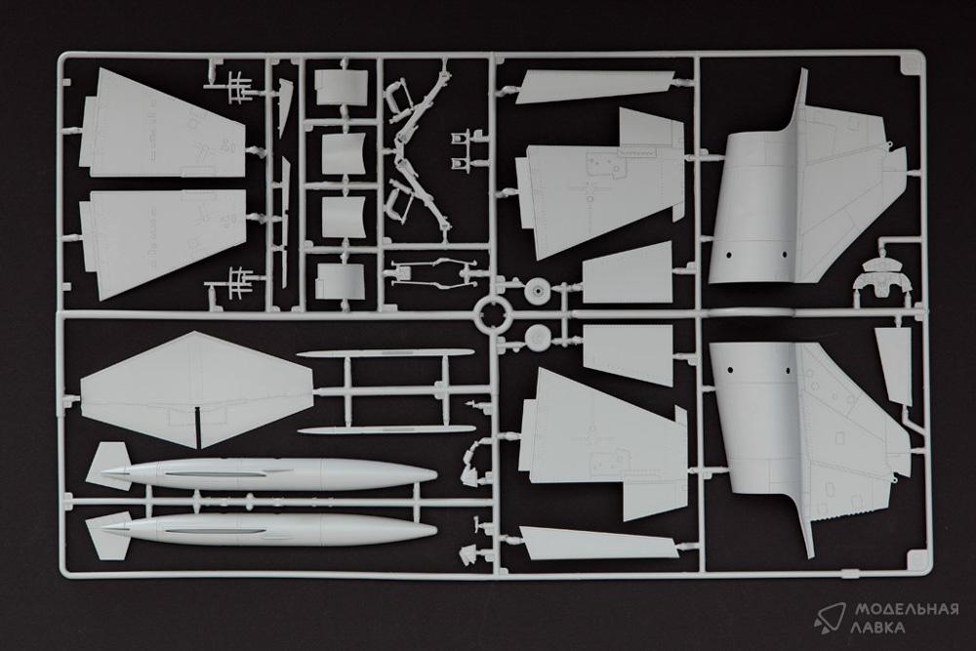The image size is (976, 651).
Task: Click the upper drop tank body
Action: tap(283, 476)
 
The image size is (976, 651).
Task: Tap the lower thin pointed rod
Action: tap(381, 429)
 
